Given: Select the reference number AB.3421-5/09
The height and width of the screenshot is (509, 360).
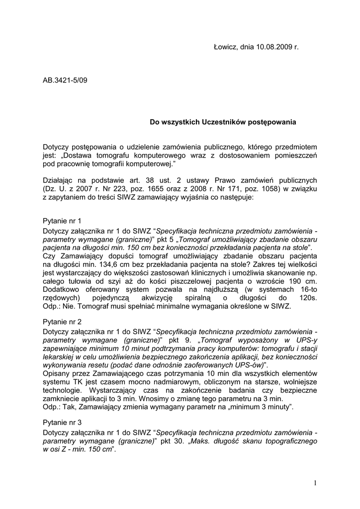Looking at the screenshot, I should tap(65, 80).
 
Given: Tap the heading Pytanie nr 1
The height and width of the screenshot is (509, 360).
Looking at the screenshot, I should tap(62, 220).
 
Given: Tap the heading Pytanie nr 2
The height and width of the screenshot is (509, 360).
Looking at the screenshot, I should tap(62, 322).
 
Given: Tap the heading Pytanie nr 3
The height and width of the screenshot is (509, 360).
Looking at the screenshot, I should tap(62, 423).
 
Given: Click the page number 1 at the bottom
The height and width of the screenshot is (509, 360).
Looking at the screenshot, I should tap(315, 483).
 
